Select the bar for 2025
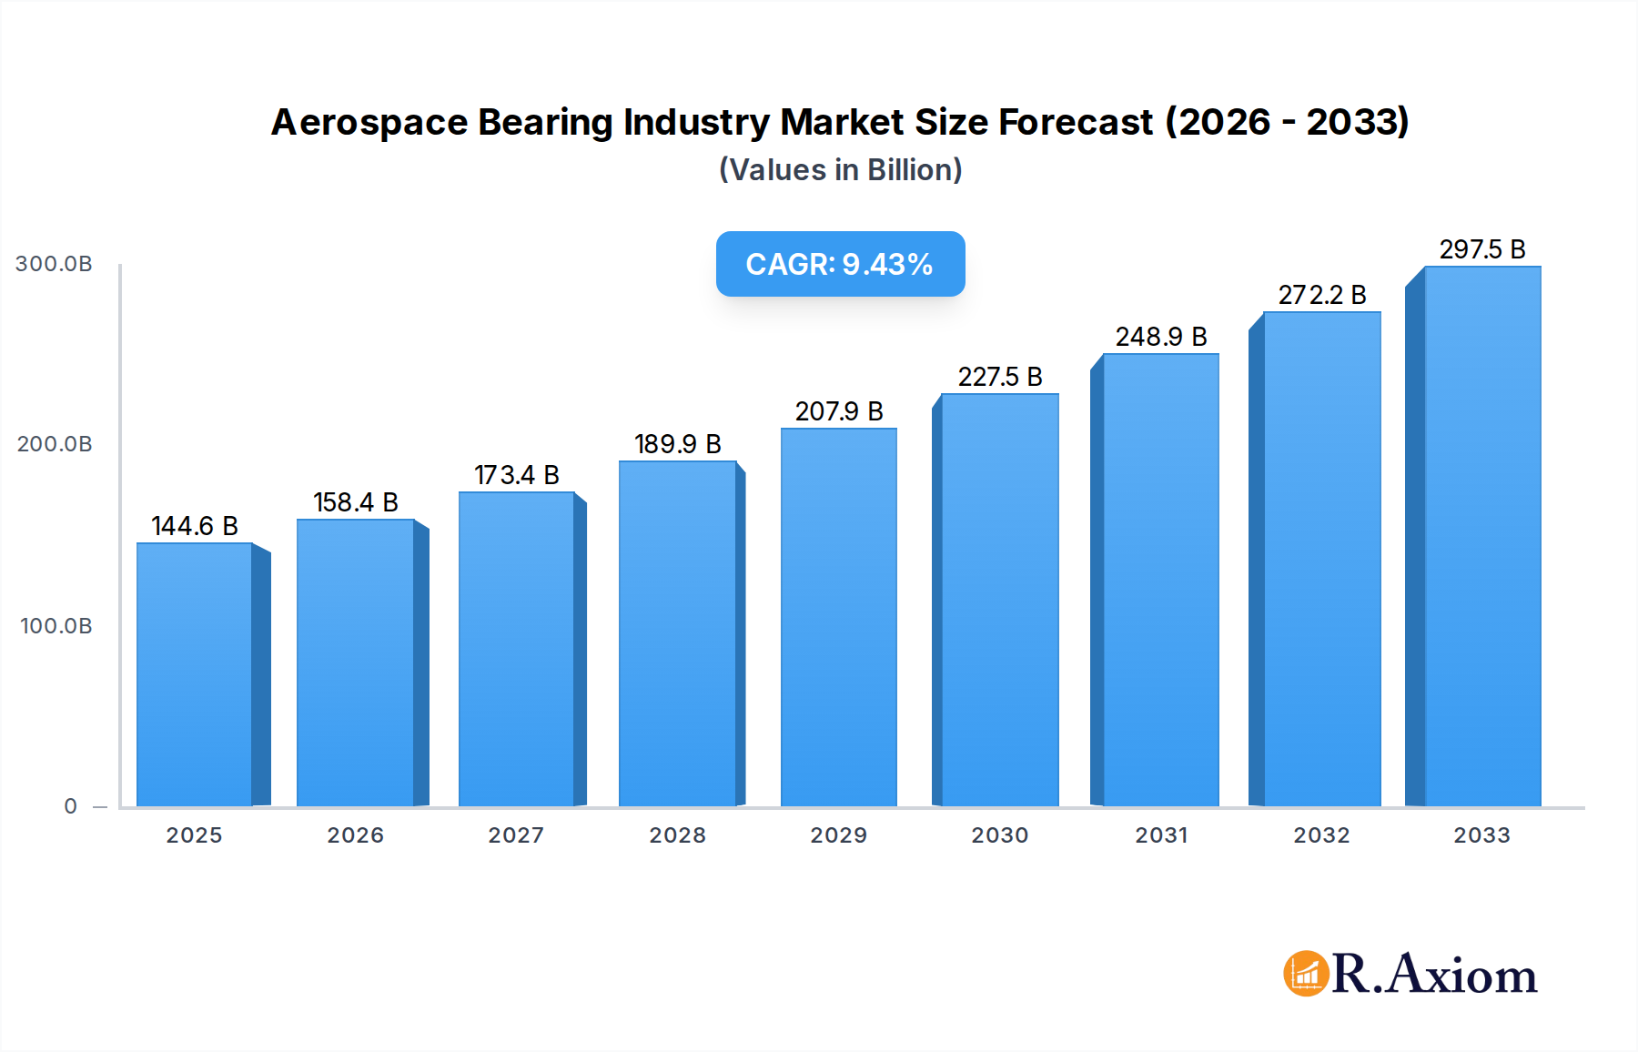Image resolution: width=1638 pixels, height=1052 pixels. [x=195, y=674]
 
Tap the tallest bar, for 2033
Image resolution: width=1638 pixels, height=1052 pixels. [x=1482, y=537]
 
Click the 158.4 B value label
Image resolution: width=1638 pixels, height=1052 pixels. [x=356, y=502]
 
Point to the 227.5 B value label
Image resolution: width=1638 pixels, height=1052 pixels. [x=999, y=377]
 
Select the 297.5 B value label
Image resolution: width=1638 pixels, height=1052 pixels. [x=1481, y=249]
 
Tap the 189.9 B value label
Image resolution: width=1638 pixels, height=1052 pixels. [x=677, y=444]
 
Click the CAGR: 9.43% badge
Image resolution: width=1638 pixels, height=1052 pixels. [x=840, y=264]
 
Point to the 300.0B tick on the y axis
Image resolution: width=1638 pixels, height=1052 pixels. [x=54, y=264]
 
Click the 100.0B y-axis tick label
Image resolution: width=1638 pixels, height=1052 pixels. [x=56, y=626]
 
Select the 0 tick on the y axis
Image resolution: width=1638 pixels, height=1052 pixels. [x=70, y=806]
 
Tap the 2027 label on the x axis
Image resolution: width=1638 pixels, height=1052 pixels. [x=516, y=835]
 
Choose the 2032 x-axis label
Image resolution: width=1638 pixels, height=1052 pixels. [x=1321, y=835]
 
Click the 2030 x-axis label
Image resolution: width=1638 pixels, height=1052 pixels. [x=999, y=835]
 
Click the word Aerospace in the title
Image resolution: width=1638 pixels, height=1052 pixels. [x=369, y=122]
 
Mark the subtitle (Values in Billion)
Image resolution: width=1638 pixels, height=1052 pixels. [x=840, y=170]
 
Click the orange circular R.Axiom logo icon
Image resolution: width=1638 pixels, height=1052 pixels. [x=1306, y=974]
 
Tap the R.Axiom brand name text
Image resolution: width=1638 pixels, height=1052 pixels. [x=1435, y=975]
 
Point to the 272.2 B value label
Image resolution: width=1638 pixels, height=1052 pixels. [x=1321, y=295]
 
